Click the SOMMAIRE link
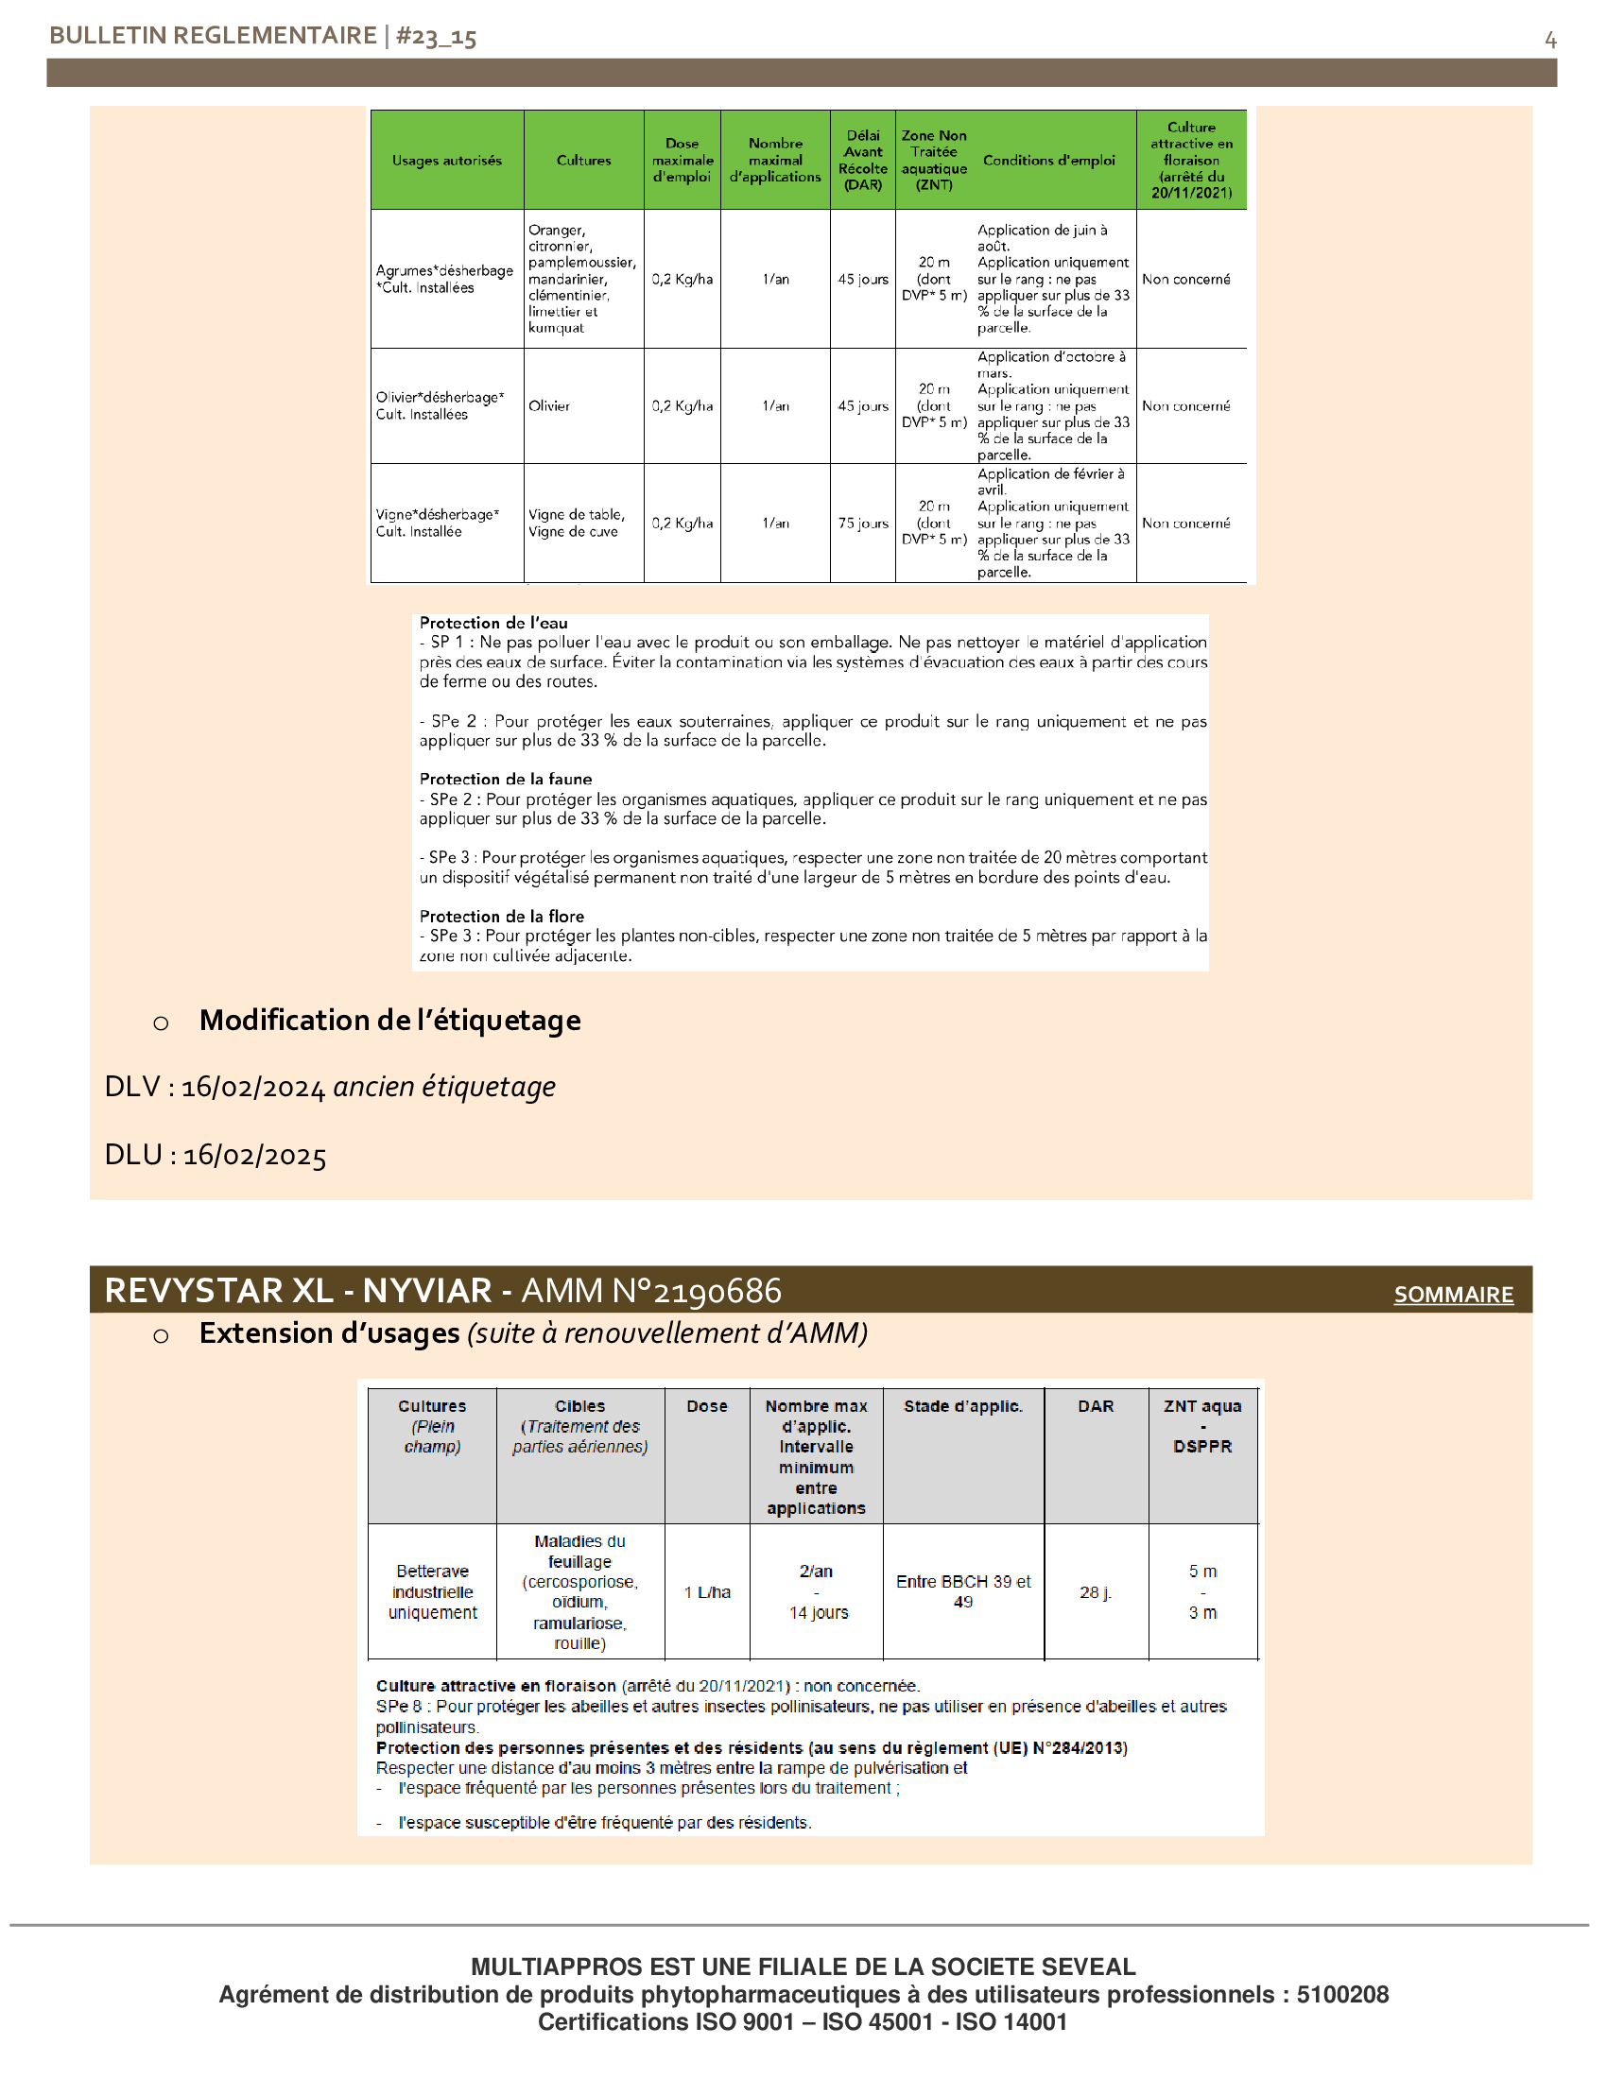pyautogui.click(x=1453, y=1295)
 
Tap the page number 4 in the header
pyautogui.click(x=1550, y=40)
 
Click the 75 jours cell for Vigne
pyautogui.click(x=862, y=524)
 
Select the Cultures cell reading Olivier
pyautogui.click(x=549, y=406)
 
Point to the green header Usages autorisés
pyautogui.click(x=446, y=161)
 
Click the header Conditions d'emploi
pyautogui.click(x=1048, y=161)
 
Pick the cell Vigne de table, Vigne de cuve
pyautogui.click(x=577, y=524)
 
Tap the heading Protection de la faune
pyautogui.click(x=506, y=779)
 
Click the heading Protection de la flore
pyautogui.click(x=502, y=916)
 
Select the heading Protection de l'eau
pyautogui.click(x=493, y=623)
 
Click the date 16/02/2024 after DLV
pyautogui.click(x=253, y=1087)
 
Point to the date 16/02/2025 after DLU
pyautogui.click(x=254, y=1156)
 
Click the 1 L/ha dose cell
pyautogui.click(x=706, y=1591)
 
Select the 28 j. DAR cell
pyautogui.click(x=1095, y=1591)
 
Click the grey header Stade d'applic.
pyautogui.click(x=962, y=1406)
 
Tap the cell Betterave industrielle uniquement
pyautogui.click(x=432, y=1591)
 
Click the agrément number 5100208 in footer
pyautogui.click(x=1342, y=1994)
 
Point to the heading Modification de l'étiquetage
pyautogui.click(x=389, y=1021)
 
